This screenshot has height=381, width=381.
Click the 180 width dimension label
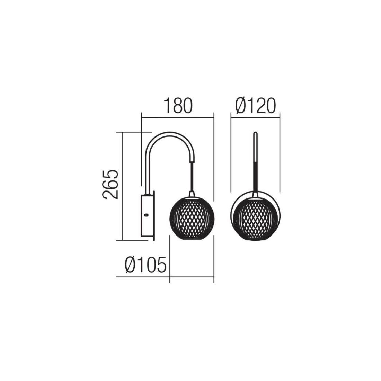coord(178,106)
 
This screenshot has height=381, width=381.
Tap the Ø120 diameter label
coord(256,106)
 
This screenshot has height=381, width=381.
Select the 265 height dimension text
coord(110,184)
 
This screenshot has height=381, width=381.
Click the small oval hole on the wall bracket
coord(146,214)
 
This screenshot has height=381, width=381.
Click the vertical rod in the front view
coord(255,160)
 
